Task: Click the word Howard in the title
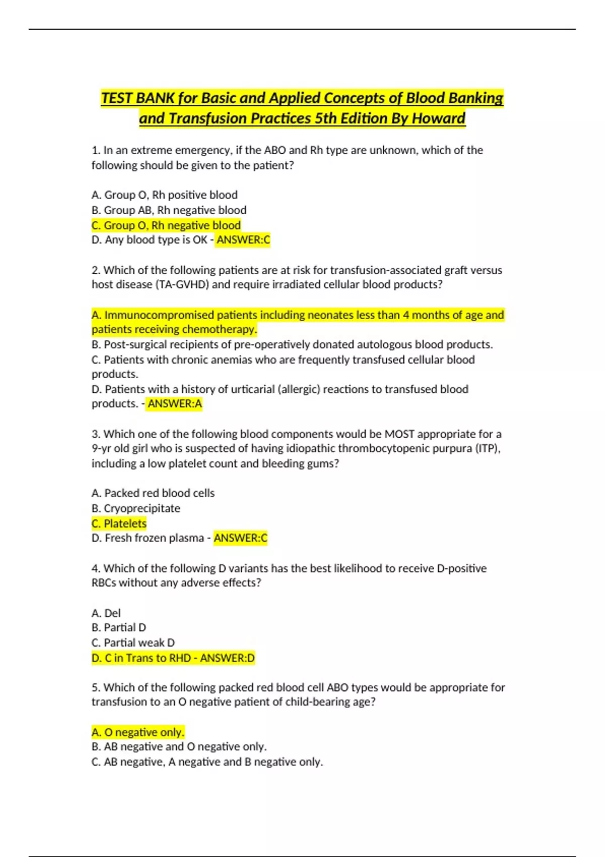(438, 118)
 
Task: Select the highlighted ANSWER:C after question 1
(243, 240)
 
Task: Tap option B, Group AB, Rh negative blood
(169, 210)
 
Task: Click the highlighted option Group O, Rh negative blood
(166, 225)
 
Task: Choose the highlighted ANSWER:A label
(174, 404)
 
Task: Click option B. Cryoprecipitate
(136, 508)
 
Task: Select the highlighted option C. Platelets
(119, 523)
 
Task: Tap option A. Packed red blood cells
(153, 493)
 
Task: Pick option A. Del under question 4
(106, 613)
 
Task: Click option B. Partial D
(119, 628)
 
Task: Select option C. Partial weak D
(133, 643)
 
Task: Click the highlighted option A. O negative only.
(138, 732)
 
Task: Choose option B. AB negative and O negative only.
(179, 747)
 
